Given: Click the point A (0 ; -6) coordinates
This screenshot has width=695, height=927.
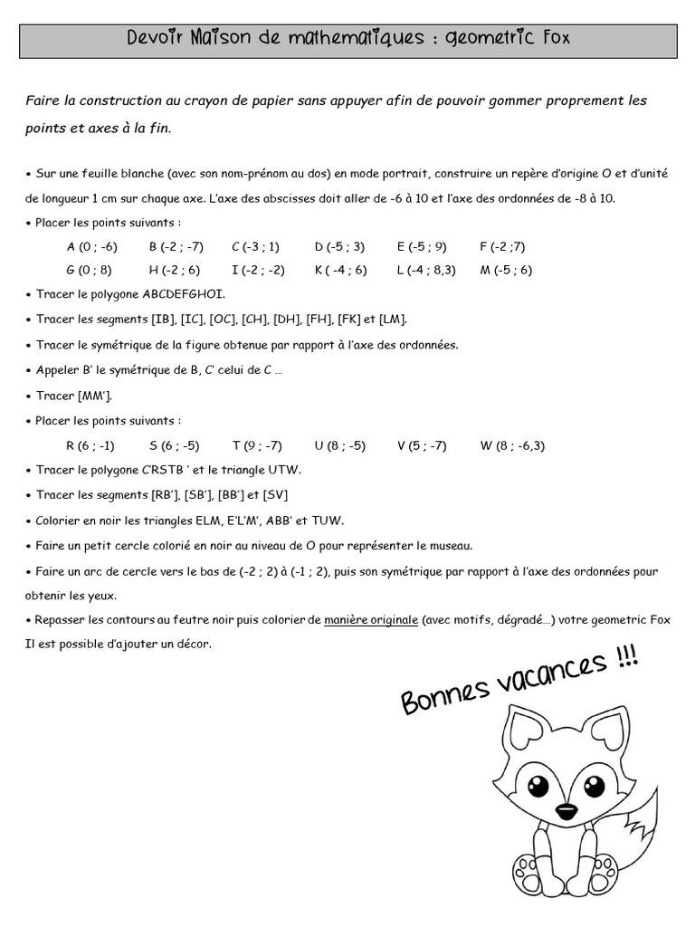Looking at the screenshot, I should point(92,246).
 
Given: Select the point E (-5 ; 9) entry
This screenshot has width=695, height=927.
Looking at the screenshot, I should point(422,246).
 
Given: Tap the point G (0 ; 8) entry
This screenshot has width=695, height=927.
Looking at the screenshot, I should point(89,270).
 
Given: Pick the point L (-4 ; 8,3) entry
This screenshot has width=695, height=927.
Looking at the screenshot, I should point(426,270).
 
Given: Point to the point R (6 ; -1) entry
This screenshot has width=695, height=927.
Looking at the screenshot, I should point(90,445).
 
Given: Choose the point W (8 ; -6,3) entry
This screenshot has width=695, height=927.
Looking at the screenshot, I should point(512,445).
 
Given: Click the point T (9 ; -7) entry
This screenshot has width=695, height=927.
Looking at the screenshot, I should point(257,445).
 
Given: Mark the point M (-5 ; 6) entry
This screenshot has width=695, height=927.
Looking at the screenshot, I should point(506,270).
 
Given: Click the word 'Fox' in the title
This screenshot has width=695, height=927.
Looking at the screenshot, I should point(552,39).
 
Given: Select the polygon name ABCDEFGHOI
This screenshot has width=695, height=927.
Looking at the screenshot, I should point(184,294).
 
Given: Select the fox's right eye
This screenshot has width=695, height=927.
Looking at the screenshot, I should point(594,786).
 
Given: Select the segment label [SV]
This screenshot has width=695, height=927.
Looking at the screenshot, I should point(274,495).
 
